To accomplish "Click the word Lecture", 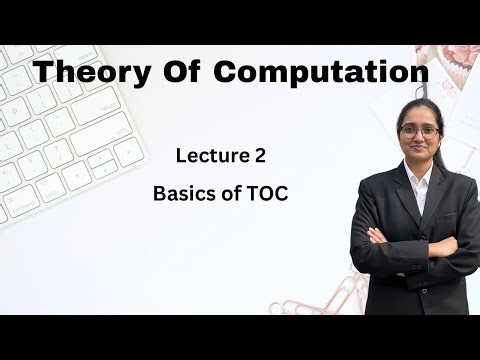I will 210,155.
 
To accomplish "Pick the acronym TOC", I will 268,194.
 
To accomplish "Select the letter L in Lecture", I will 180,155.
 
